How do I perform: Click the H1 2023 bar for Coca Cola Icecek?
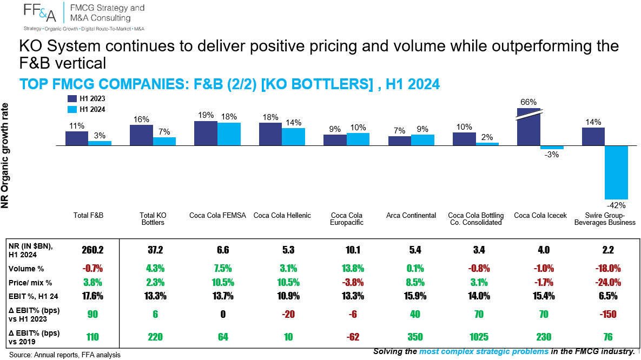(528, 126)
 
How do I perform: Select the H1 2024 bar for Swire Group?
(616, 172)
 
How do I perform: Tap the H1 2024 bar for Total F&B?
(100, 143)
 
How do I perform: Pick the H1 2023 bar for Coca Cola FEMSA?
(206, 133)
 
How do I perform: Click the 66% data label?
(528, 102)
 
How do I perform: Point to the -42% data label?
(616, 205)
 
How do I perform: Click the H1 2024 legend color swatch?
(72, 110)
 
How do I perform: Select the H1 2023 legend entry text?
(92, 98)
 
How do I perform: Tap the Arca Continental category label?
(411, 215)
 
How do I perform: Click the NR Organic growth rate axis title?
(5, 155)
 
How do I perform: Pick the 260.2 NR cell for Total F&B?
(93, 250)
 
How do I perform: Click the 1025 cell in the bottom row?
(479, 337)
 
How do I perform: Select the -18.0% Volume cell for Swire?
(609, 269)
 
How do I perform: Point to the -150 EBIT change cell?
(609, 314)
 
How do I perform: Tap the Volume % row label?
(26, 269)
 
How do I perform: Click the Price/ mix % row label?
(30, 283)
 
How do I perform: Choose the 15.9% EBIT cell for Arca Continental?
(415, 296)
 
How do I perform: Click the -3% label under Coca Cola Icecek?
(551, 155)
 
